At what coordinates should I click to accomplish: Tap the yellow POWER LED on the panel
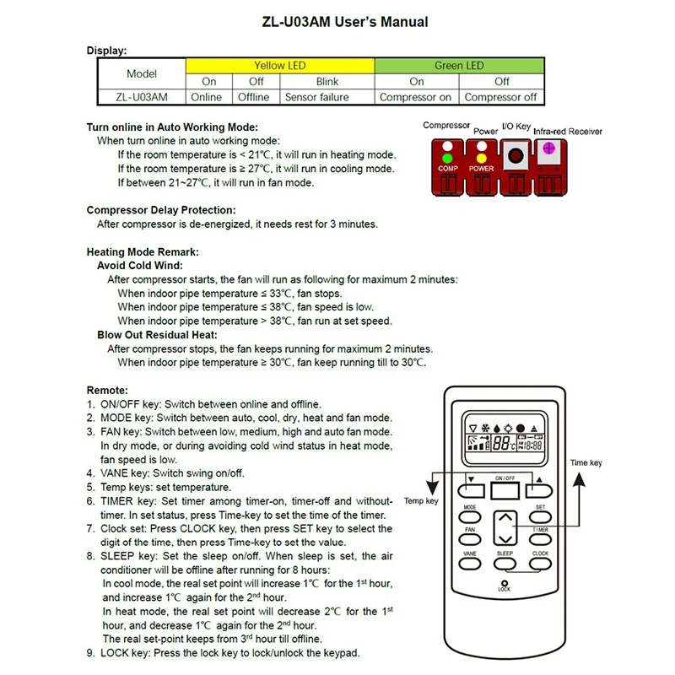click(x=482, y=157)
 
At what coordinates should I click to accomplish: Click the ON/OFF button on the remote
click(x=505, y=488)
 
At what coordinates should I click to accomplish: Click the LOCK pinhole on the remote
click(x=505, y=583)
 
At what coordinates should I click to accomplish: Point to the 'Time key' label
click(x=586, y=463)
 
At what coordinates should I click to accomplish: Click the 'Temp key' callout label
click(x=422, y=501)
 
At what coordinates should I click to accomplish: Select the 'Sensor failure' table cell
click(x=316, y=97)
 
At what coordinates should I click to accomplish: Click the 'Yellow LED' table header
click(x=279, y=66)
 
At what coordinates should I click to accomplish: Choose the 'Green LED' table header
click(x=459, y=66)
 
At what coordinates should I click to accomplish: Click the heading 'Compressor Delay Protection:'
click(x=161, y=209)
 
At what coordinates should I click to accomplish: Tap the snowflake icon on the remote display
click(x=485, y=427)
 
